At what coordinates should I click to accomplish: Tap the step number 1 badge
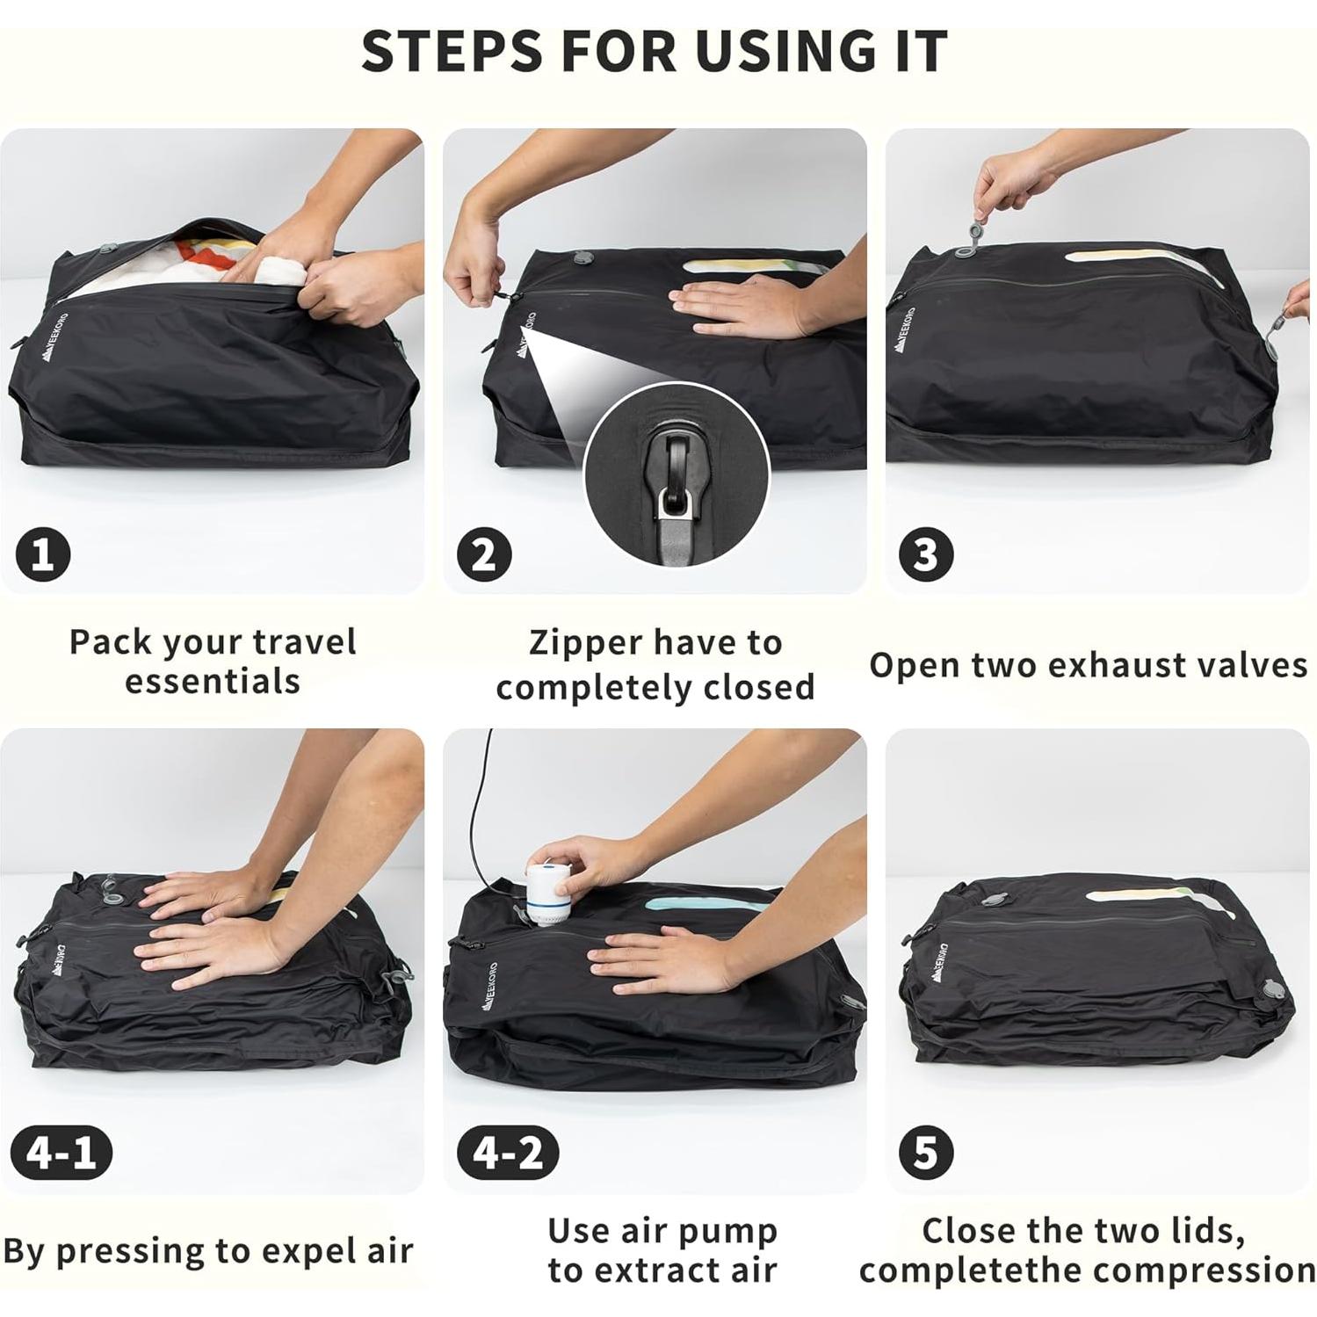(x=43, y=554)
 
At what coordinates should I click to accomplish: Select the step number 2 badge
(x=484, y=554)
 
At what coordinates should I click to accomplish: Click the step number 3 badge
(x=926, y=554)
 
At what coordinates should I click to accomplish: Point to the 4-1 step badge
(x=62, y=1152)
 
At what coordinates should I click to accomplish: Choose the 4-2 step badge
(x=508, y=1152)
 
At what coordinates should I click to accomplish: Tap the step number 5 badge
(x=926, y=1152)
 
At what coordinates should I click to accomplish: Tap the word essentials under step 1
(x=213, y=682)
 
